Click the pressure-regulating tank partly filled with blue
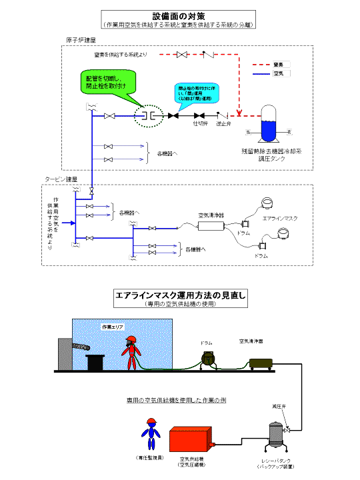[271, 124]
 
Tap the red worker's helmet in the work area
[132, 340]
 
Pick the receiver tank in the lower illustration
[275, 437]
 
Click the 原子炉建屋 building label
[81, 40]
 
